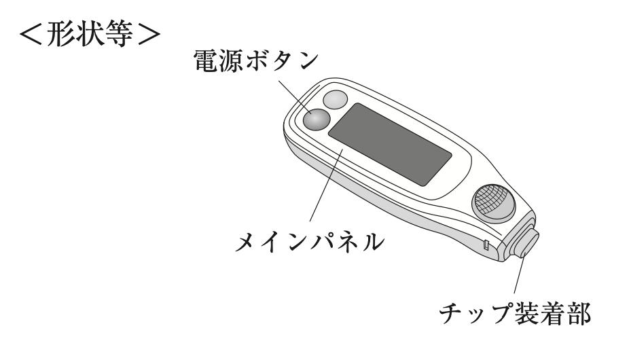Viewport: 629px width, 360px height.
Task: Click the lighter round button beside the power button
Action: pos(335,101)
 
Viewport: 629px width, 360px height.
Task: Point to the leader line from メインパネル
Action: pos(325,186)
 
